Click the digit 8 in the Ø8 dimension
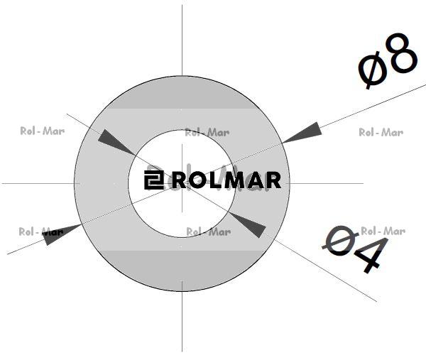tap(403, 53)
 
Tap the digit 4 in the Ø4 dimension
tap(370, 255)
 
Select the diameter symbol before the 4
tap(340, 240)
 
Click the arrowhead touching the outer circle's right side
tap(302, 132)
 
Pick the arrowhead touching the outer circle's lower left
tap(62, 234)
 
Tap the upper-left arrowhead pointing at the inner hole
tap(116, 142)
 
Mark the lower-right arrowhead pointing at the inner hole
tap(247, 224)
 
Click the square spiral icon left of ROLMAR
tap(154, 180)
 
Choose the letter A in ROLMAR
tap(255, 180)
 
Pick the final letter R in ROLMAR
tap(273, 180)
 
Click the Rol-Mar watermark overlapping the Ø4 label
tap(383, 231)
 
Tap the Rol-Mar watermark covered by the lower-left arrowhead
tap(41, 231)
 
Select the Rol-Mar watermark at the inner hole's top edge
tap(207, 133)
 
